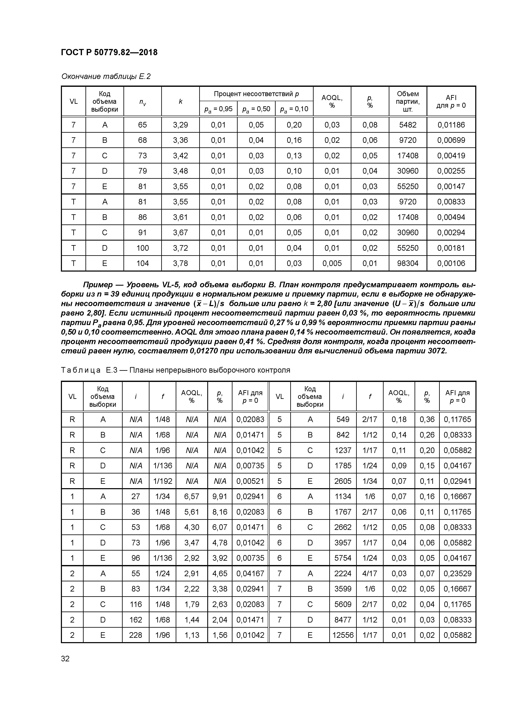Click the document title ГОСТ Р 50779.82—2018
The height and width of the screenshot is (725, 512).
109,52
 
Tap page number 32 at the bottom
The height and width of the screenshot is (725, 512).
65,659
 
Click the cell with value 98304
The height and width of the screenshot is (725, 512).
408,263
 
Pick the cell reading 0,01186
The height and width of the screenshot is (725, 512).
451,125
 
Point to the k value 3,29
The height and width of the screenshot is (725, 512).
180,125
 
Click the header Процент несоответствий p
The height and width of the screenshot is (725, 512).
256,94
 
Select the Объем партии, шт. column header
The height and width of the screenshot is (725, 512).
408,101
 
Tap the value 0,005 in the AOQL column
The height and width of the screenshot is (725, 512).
332,263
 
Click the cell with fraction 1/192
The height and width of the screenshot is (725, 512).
162,481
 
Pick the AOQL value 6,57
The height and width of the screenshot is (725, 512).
192,496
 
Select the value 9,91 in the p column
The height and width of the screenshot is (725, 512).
220,496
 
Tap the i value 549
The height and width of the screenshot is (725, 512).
343,419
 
